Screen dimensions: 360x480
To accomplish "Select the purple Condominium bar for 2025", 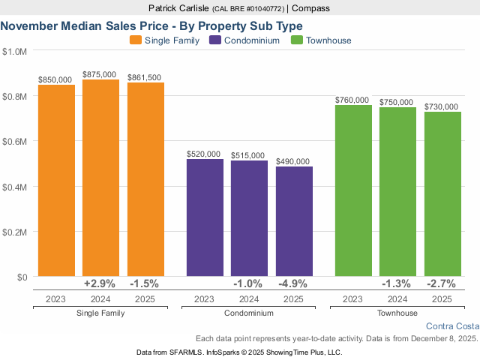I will [x=294, y=221].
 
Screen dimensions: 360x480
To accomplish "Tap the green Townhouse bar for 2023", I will [x=353, y=190].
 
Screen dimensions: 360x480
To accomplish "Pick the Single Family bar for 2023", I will [x=56, y=181].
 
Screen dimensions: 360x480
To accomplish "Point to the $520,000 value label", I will [x=204, y=154].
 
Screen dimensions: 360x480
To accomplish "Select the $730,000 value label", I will [x=441, y=106].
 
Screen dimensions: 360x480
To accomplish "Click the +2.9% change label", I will [x=100, y=283].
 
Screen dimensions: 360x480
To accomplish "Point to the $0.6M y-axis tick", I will [x=15, y=142].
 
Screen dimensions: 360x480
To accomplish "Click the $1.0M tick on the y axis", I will [x=15, y=52].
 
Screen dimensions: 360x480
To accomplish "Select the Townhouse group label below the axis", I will [x=397, y=313].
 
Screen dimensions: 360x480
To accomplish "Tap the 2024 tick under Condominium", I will [x=249, y=298].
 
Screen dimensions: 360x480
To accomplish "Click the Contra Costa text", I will [x=451, y=326].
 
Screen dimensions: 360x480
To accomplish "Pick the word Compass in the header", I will [x=311, y=8].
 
